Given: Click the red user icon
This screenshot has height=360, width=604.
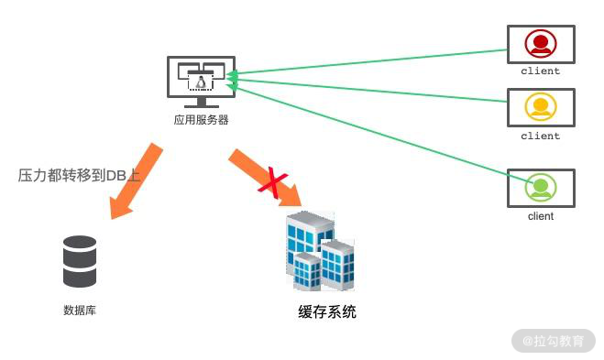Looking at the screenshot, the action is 541,43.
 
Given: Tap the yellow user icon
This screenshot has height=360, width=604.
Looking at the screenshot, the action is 541,106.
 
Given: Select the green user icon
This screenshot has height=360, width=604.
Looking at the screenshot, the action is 541,187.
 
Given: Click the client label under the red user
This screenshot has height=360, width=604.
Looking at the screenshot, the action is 541,71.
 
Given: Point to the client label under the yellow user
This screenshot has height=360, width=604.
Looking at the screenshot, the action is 541,136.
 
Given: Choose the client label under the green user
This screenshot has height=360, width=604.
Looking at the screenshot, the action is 541,216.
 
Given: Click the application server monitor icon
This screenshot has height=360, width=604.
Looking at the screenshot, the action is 201,82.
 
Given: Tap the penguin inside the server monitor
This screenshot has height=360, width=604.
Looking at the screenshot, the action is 201,82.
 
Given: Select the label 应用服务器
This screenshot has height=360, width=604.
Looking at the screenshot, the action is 201,120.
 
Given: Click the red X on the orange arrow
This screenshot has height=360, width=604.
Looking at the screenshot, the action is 273,182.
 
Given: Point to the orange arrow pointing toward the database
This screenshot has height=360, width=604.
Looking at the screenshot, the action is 136,181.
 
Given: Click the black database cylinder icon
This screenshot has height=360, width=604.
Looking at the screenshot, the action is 80,261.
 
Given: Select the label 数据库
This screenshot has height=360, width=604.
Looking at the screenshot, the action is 80,310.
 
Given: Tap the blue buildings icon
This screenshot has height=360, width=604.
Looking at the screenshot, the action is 320,251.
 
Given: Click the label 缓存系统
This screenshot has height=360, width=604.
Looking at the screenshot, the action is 327,311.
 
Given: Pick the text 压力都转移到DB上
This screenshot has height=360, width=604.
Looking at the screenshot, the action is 79,175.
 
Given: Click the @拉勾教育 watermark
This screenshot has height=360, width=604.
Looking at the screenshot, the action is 554,341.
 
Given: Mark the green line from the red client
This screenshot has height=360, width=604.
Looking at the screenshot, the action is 367,61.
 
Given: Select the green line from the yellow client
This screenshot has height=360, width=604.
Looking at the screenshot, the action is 367,90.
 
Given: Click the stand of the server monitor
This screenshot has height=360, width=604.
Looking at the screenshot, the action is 201,103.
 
